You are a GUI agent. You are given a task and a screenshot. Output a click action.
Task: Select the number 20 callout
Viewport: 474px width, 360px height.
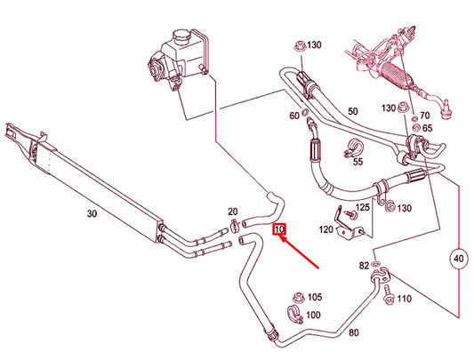(x=233, y=212)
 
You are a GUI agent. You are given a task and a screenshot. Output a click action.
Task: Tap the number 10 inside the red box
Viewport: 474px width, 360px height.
(x=279, y=230)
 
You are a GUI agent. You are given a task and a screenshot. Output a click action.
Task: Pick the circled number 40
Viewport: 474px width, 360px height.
(x=460, y=259)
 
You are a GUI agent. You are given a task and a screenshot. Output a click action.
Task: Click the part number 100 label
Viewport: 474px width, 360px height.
(x=314, y=316)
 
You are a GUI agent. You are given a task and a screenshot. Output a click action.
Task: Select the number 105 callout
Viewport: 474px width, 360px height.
(x=315, y=298)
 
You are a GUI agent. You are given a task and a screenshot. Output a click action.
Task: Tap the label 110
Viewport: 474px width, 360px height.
(x=405, y=299)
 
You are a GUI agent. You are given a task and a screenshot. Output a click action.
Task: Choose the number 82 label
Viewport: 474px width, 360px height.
(x=363, y=266)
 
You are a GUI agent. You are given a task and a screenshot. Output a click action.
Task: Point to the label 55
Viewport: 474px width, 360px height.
(x=357, y=163)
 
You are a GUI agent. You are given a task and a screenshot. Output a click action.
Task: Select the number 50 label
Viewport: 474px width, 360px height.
(x=352, y=111)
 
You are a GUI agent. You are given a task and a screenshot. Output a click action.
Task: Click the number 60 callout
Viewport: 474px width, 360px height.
(x=293, y=116)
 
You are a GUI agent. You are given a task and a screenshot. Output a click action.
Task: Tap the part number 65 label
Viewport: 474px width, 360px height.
(x=427, y=129)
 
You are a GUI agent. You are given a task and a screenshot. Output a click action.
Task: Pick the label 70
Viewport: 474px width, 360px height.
(x=425, y=115)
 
